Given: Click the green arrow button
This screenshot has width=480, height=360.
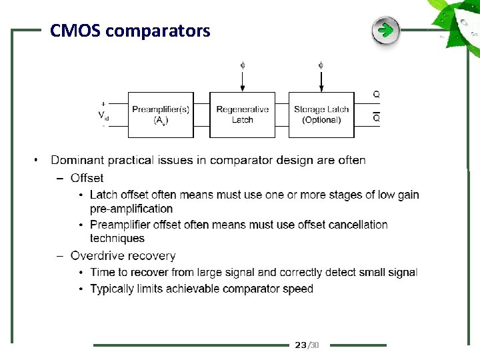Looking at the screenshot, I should point(385,31).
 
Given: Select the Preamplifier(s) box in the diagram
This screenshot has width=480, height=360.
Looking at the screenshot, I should point(161,115).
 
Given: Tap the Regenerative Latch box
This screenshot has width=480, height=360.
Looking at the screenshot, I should point(242,115).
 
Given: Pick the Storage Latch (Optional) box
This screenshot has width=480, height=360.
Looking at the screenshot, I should point(321,115).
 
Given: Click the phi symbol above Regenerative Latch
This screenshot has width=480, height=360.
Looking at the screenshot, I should point(243,65).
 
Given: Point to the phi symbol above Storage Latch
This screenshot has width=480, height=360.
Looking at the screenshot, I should point(321,65).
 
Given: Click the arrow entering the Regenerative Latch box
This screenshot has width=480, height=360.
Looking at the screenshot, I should point(243,83).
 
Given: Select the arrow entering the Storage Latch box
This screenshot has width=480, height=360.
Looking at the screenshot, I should point(321,83).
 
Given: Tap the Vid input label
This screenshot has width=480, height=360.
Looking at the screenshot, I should point(103,115).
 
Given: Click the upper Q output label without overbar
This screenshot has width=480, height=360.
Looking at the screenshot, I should point(377,95).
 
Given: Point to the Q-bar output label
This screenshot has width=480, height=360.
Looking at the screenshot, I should point(377,118).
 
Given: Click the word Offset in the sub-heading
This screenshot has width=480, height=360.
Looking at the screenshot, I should point(87,178).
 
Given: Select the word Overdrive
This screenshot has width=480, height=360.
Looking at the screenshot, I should point(97,256).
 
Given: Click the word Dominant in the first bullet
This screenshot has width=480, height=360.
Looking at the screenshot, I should point(77,160).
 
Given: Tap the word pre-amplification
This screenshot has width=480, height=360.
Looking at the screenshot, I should point(131,209).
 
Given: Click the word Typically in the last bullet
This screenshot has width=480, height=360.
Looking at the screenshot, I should point(114,289).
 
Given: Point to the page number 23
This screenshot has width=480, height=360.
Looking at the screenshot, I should point(301,345).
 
